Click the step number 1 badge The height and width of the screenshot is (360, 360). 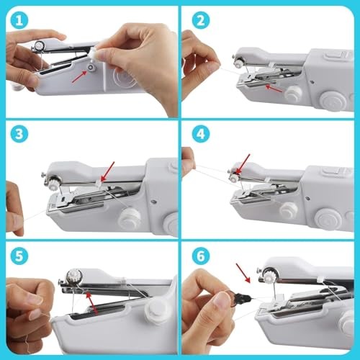point(17,18)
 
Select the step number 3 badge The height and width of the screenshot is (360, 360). point(17,135)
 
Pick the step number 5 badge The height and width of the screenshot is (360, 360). point(17,254)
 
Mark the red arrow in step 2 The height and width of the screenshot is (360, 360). point(271,87)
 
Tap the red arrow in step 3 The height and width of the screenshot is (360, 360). point(107,170)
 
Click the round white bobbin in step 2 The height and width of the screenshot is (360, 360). point(292,93)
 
